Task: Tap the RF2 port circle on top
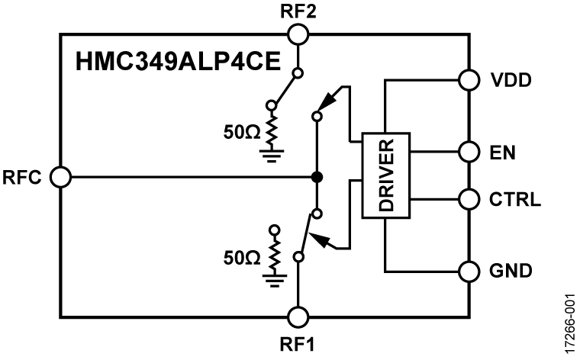[297, 34]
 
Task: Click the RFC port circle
[60, 178]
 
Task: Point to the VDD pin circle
[469, 79]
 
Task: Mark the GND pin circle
[469, 270]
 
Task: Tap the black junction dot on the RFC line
[316, 178]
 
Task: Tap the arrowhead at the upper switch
[327, 101]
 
